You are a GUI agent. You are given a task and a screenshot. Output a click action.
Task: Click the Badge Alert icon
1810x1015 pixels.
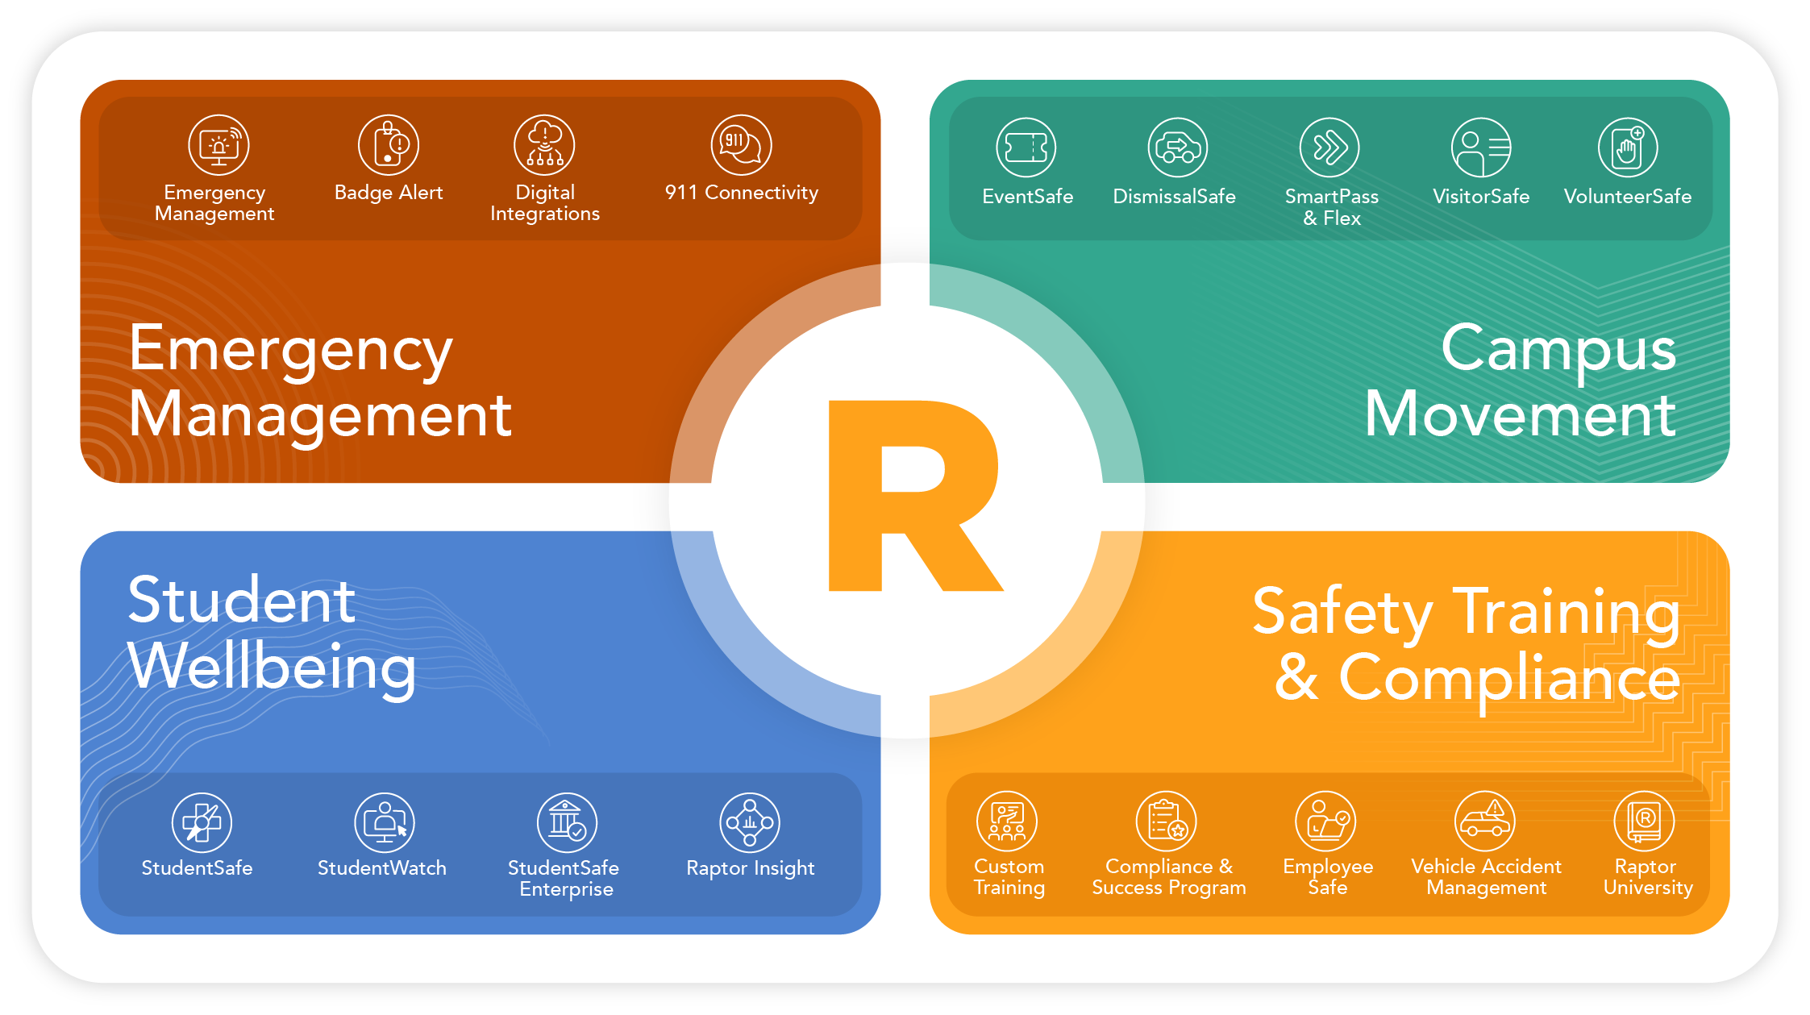[389, 145]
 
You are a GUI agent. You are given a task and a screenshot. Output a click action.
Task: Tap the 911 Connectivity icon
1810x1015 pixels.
[741, 145]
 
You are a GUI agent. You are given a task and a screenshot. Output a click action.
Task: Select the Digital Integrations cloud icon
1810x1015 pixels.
[544, 145]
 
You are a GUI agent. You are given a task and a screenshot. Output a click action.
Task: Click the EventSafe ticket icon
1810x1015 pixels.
[1026, 148]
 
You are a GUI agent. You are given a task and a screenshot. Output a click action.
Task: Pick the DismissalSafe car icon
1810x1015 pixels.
[1177, 148]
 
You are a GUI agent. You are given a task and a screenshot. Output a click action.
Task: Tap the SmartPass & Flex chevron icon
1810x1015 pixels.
[1329, 148]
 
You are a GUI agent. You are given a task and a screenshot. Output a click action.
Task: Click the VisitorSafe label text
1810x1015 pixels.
[1481, 197]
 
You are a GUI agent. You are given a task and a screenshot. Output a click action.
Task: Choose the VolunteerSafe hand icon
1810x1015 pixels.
[1628, 148]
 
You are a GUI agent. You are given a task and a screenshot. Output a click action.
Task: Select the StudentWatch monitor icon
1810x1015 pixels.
[385, 822]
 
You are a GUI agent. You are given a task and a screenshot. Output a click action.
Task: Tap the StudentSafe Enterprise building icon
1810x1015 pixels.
[567, 822]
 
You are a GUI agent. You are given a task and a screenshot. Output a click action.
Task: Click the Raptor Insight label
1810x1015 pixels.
[750, 868]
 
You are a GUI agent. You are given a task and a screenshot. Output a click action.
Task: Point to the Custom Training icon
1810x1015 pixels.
[1007, 822]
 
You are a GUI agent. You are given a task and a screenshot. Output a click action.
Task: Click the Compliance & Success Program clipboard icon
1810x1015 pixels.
[1167, 822]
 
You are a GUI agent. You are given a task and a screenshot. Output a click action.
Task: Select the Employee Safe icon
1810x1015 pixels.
[1325, 822]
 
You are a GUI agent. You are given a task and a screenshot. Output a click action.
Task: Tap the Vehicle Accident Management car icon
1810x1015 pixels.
[1485, 822]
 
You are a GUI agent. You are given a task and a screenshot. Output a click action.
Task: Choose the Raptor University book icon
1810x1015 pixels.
[1644, 822]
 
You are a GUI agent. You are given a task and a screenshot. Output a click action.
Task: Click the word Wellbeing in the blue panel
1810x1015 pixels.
[272, 668]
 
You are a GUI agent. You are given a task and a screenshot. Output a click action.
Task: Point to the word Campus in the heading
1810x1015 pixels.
[1558, 349]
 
